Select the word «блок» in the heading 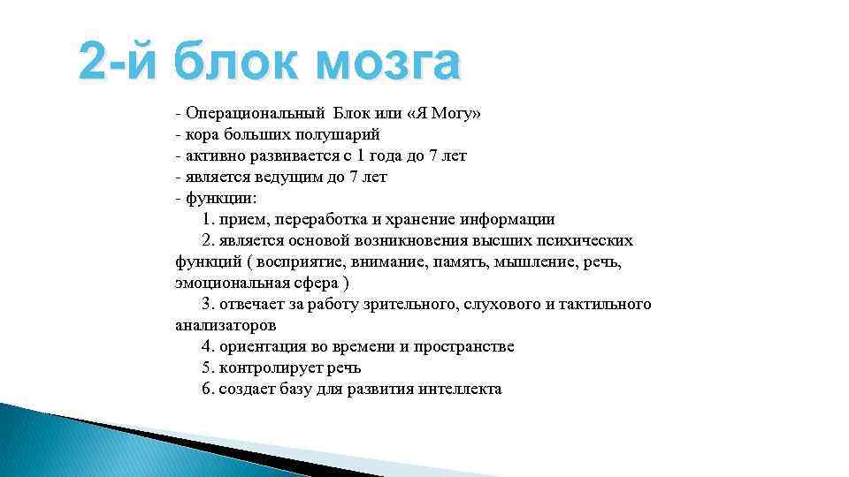(233, 64)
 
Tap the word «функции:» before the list (220, 199)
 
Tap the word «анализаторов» (226, 326)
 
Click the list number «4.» (209, 347)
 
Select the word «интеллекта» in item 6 (461, 390)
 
